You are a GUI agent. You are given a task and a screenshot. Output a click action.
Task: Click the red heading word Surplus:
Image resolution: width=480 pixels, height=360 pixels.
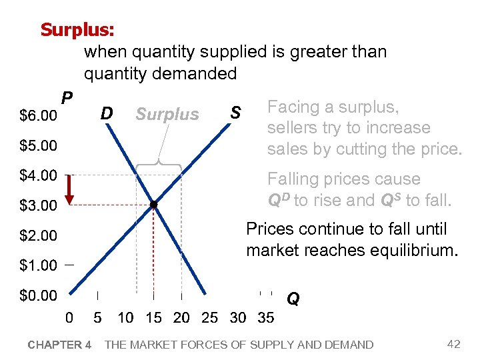tap(77, 30)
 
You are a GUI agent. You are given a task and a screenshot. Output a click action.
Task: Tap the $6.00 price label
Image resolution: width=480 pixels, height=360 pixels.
tap(38, 116)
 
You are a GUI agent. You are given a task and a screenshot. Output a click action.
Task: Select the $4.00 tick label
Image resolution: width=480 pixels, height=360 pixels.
tap(38, 175)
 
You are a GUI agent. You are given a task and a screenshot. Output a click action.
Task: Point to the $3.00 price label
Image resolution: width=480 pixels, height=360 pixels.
tap(38, 205)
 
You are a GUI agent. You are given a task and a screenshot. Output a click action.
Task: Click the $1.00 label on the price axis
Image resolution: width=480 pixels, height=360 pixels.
tap(38, 265)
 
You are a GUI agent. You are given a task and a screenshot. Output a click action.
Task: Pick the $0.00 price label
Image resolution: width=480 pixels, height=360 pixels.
tap(38, 295)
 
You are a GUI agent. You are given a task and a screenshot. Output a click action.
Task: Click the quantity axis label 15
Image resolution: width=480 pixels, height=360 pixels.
tap(153, 318)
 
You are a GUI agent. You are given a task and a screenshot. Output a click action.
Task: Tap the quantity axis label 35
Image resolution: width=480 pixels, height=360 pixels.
tap(265, 318)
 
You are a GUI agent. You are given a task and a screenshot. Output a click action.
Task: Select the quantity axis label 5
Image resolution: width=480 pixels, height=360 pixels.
tap(97, 318)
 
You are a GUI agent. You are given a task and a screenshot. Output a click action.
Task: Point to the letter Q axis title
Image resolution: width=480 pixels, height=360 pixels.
tap(293, 300)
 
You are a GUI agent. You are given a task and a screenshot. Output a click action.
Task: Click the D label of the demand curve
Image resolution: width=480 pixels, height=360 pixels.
tap(106, 113)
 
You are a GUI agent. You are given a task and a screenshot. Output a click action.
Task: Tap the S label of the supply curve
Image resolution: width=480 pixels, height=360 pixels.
tap(235, 113)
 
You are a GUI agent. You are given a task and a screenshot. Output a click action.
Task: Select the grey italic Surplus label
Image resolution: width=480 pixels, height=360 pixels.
tap(167, 115)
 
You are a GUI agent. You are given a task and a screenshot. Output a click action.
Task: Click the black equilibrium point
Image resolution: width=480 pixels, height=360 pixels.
tap(153, 205)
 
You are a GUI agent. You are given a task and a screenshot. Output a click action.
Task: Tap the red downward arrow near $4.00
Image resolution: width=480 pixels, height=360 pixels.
tap(69, 189)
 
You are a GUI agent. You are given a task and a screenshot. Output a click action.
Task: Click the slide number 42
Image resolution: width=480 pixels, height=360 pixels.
tap(453, 344)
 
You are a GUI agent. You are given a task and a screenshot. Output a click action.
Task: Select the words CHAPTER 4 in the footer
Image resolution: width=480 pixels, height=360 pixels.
tap(59, 345)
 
